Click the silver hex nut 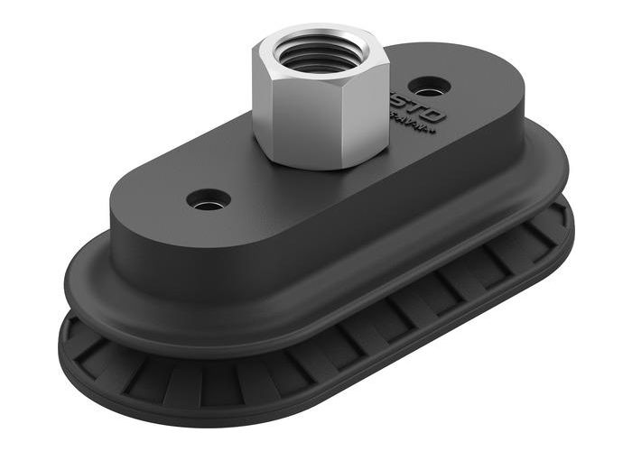point(320,99)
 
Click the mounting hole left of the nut point(208,198)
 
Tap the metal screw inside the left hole point(209,201)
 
